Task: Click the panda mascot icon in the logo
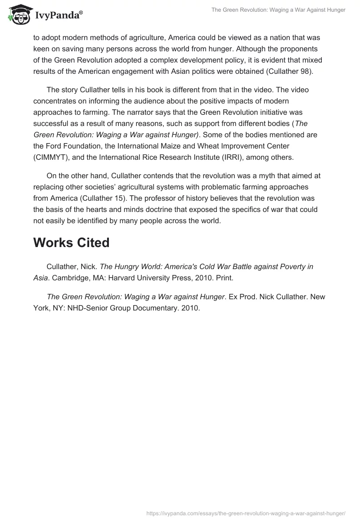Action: point(18,16)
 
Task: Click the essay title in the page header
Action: point(278,10)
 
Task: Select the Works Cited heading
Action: point(71,243)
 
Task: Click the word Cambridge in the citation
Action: point(72,278)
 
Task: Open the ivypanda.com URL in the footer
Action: point(246,513)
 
